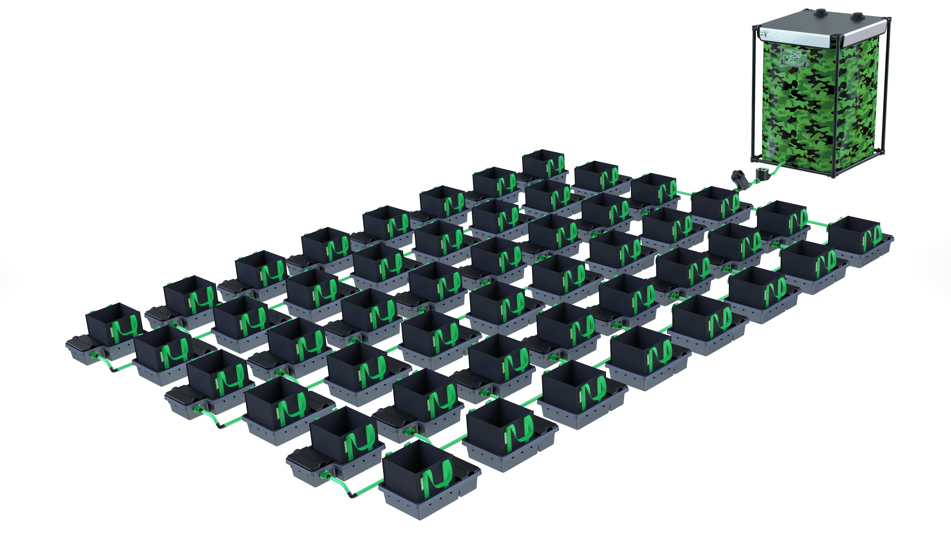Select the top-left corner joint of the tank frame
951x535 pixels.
(x=755, y=27)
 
